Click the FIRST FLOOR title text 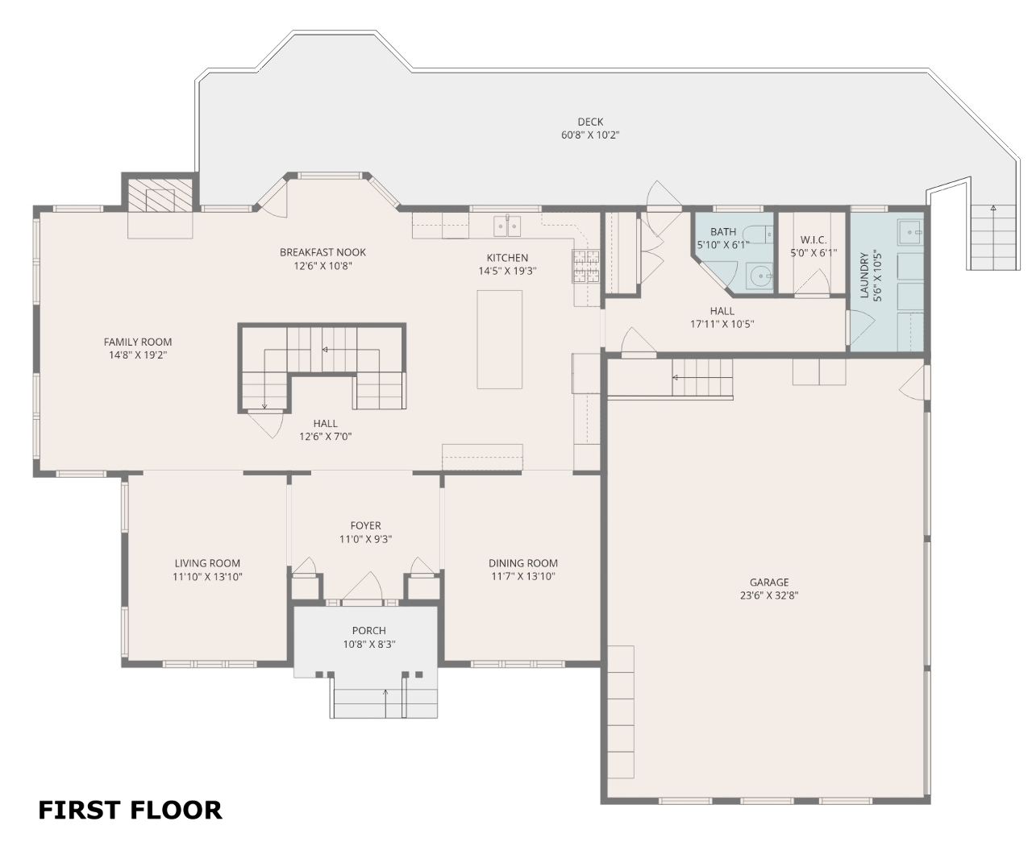point(130,810)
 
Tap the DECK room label point(590,122)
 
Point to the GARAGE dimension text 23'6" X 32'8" point(768,595)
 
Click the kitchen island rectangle point(499,339)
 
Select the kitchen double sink point(507,226)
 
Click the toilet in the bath point(757,234)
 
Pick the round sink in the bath point(759,276)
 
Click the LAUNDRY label point(863,276)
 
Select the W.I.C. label point(813,239)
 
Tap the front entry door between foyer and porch point(362,587)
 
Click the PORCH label point(369,630)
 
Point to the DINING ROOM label point(522,562)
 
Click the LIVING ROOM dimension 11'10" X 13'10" point(207,576)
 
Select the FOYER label point(365,525)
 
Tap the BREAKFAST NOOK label point(322,252)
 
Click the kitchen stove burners point(585,266)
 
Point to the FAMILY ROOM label point(138,342)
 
